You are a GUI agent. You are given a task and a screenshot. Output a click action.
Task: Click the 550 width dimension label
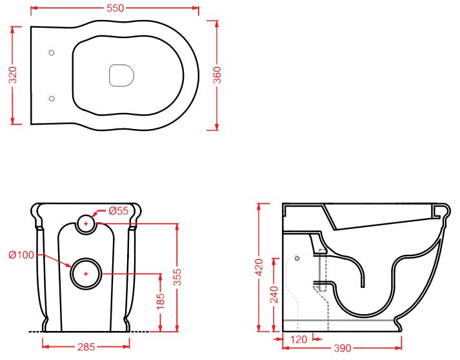tap(115, 8)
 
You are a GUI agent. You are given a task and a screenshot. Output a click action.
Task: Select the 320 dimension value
tap(14, 75)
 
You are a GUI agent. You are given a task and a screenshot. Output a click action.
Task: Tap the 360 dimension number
tap(217, 75)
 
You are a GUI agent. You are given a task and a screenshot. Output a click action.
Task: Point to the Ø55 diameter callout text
tap(119, 211)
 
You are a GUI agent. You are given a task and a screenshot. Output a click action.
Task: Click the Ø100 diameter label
tap(21, 255)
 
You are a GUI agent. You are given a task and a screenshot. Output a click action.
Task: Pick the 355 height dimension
tap(177, 277)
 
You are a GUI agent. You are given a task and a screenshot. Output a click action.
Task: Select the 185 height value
tap(160, 301)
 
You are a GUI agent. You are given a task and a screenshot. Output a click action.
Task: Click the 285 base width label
tap(86, 347)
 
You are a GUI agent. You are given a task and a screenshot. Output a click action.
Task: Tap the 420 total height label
tap(259, 267)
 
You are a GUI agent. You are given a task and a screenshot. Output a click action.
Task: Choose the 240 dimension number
tap(274, 294)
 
